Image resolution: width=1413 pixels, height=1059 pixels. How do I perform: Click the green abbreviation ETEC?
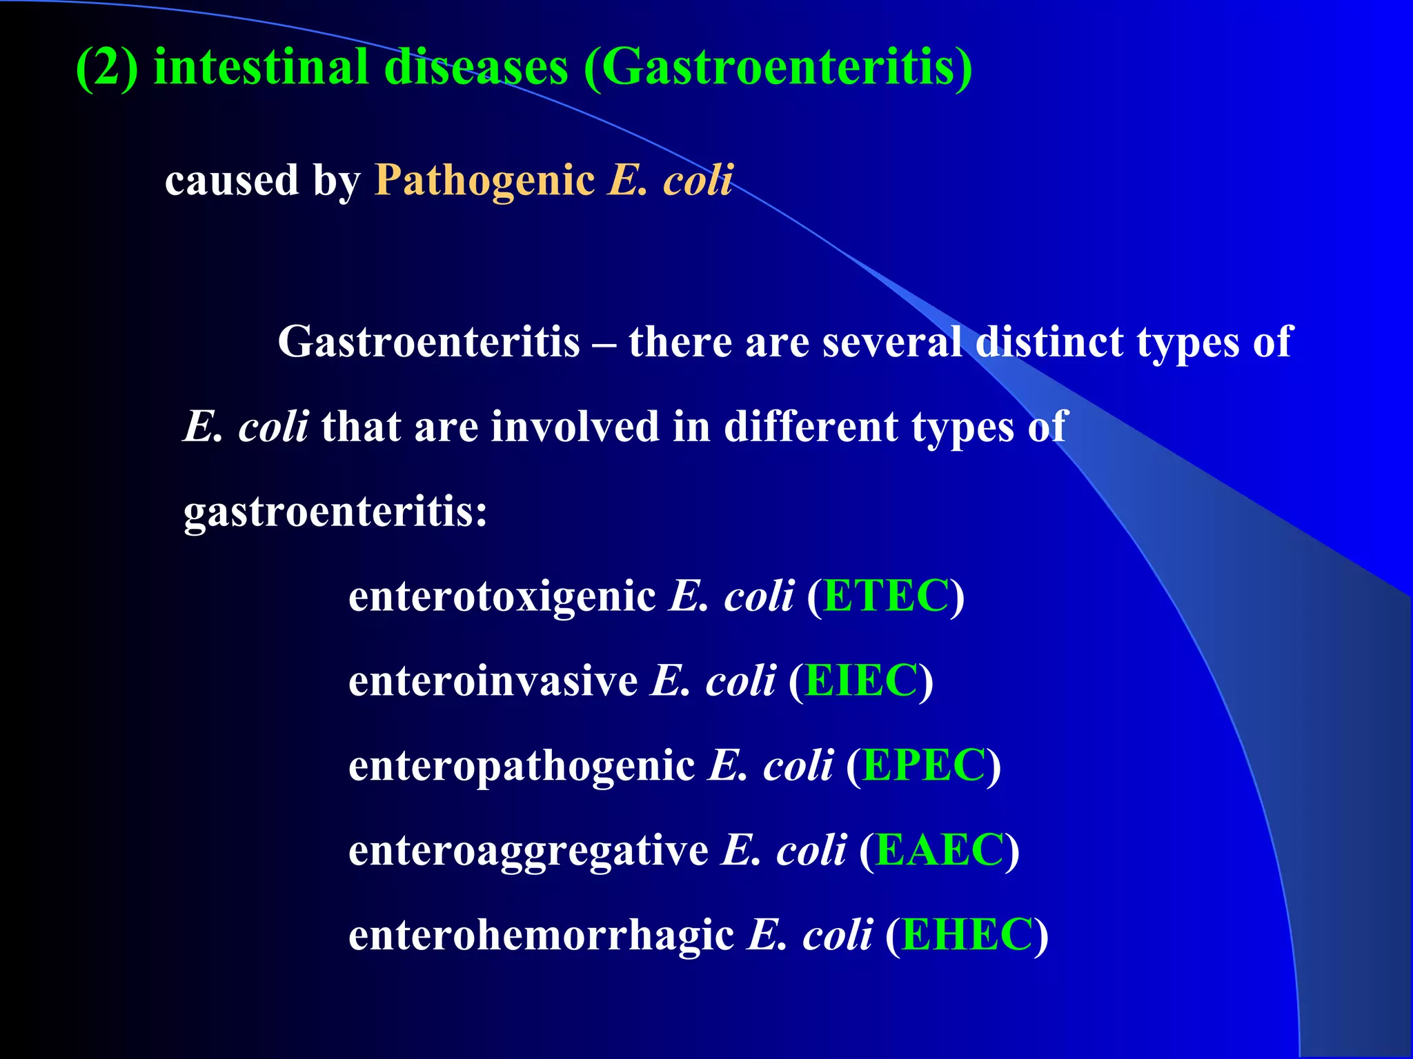886,596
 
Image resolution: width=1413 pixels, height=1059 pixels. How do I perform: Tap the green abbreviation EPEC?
924,765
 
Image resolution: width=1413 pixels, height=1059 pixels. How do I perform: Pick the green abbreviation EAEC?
939,850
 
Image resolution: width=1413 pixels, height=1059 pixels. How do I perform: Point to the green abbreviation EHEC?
967,935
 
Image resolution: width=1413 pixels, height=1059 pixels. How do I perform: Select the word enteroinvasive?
493,682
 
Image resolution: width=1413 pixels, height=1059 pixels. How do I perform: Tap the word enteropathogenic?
522,767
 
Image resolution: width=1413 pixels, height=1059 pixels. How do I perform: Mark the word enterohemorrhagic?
541,936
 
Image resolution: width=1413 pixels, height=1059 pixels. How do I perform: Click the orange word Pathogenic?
484,181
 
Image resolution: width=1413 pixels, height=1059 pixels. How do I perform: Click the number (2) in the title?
107,68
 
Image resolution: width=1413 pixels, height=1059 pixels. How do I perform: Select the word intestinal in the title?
261,68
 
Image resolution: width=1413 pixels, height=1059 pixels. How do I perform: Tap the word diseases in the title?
476,68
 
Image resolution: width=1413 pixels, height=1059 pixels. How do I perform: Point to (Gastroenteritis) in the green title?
778,68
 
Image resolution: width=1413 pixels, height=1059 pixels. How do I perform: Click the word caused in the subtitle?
231,181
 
